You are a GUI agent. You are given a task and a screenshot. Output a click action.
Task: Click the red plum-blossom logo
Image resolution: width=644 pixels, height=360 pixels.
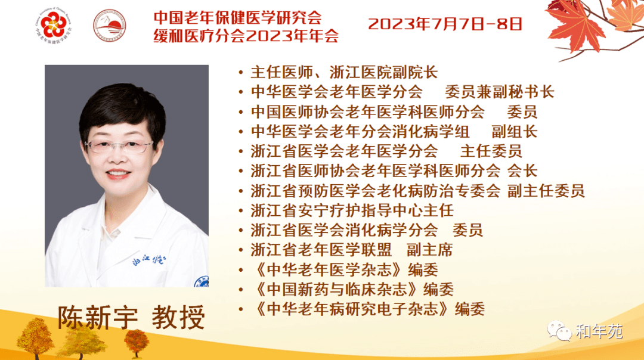[x=54, y=26]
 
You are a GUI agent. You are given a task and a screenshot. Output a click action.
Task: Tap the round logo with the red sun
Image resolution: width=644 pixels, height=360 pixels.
[x=109, y=26]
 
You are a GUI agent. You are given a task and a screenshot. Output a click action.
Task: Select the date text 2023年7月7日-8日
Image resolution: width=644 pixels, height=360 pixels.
[x=445, y=24]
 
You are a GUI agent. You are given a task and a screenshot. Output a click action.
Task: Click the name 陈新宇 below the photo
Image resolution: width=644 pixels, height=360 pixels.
[x=97, y=318]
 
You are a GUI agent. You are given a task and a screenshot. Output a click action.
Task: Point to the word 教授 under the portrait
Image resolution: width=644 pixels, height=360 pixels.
[x=178, y=318]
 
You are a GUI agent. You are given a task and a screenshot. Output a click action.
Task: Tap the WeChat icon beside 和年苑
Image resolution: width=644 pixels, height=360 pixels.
[x=559, y=331]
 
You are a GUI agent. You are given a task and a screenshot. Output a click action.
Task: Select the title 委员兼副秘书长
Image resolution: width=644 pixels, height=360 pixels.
[x=500, y=92]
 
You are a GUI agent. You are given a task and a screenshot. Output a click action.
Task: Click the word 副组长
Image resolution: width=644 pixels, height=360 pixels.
[x=515, y=132]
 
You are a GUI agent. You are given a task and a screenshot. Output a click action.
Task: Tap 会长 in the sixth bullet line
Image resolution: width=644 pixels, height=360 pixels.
[x=522, y=171]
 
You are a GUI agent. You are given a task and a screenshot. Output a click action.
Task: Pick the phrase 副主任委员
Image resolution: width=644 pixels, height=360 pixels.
[x=546, y=191]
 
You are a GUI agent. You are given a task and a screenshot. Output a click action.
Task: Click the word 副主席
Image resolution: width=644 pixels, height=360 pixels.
[x=429, y=250]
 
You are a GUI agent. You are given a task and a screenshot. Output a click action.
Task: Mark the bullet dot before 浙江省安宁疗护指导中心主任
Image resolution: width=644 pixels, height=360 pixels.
[x=241, y=211]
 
